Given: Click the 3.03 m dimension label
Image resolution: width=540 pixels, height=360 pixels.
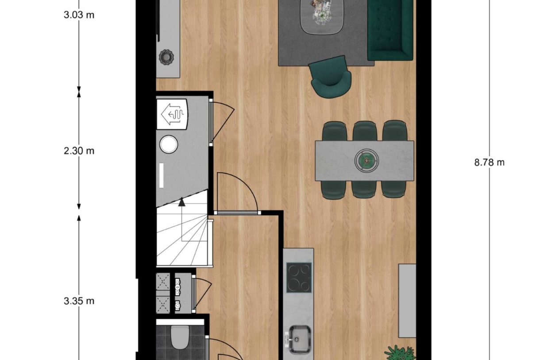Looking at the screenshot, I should [78, 15].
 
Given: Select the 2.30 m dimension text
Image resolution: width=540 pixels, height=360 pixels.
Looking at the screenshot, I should [78, 151].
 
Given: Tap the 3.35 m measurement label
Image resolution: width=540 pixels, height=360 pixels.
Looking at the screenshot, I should [78, 301].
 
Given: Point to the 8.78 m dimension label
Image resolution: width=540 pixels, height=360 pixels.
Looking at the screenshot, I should [489, 162].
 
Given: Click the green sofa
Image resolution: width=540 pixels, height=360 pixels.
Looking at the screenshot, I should [390, 29].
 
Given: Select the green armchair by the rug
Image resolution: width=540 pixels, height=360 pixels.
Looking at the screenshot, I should [331, 78].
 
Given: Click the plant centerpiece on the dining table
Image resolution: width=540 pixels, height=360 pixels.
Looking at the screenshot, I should [366, 159].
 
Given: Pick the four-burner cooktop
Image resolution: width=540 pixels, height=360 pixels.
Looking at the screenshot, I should [299, 278].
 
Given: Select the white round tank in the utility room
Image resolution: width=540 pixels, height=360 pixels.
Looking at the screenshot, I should [168, 144].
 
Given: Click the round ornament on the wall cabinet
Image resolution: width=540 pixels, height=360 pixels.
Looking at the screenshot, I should [167, 57].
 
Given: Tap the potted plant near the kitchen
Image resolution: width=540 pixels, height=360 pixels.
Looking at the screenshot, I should [400, 353].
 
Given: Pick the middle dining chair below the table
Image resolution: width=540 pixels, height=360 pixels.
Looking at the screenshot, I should [364, 189].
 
